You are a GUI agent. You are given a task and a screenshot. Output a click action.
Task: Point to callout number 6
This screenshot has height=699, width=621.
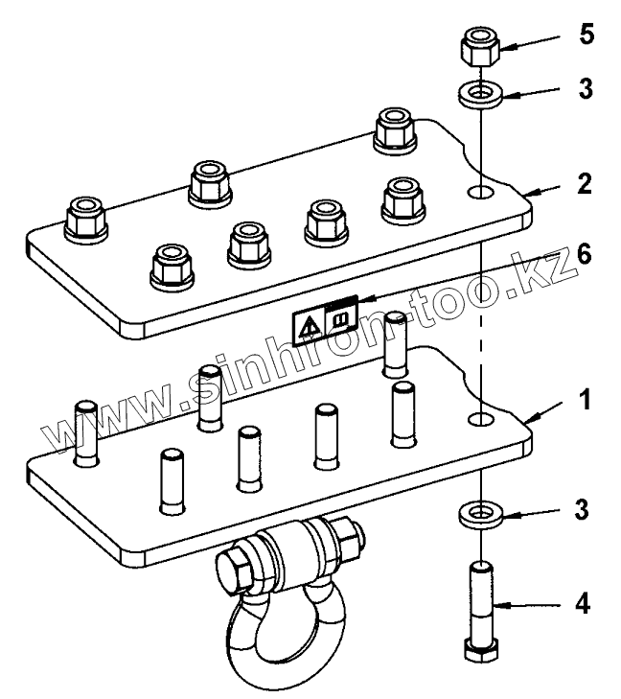click(x=586, y=254)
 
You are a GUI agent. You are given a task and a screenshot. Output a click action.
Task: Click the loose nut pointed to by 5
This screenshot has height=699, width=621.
click(x=476, y=44)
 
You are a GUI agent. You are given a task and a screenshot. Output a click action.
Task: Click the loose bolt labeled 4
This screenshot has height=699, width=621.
click(x=480, y=604)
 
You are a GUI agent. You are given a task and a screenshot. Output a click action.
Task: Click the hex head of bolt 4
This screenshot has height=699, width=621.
click(x=478, y=650)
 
